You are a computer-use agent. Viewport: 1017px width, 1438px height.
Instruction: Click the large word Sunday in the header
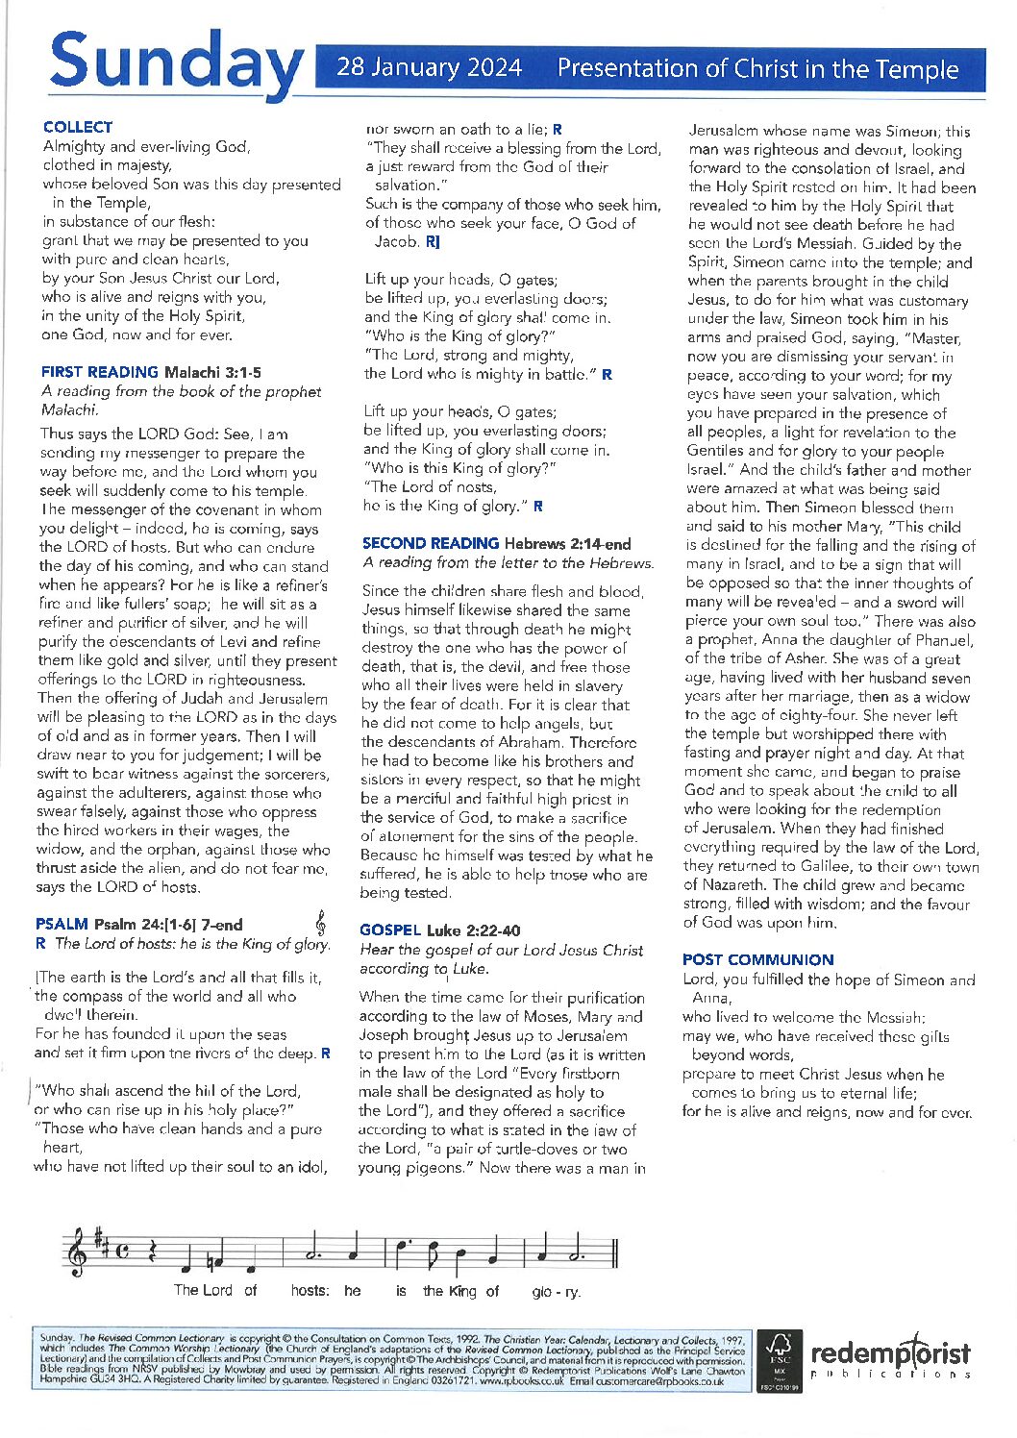pyautogui.click(x=175, y=62)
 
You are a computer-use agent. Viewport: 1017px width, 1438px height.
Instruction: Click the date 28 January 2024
pyautogui.click(x=429, y=68)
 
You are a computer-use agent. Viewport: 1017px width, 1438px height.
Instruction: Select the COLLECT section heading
pyautogui.click(x=78, y=127)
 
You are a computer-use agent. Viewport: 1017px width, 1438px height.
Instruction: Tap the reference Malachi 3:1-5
pyautogui.click(x=212, y=372)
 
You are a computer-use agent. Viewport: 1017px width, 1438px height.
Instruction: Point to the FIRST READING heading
pyautogui.click(x=100, y=372)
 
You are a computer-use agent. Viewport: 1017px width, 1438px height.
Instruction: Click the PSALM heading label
pyautogui.click(x=62, y=924)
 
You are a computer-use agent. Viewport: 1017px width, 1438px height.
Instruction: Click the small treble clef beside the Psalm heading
pyautogui.click(x=320, y=924)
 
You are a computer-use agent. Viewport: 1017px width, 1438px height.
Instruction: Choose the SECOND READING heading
pyautogui.click(x=431, y=543)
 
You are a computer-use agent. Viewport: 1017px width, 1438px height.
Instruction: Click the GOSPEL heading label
pyautogui.click(x=390, y=930)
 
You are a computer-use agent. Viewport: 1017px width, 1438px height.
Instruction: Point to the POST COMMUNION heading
pyautogui.click(x=757, y=959)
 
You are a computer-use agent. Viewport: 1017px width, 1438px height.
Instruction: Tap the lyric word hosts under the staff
pyautogui.click(x=310, y=1290)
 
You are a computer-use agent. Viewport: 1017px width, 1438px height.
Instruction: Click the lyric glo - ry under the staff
pyautogui.click(x=556, y=1291)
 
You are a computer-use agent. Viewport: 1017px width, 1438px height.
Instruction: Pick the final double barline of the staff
pyautogui.click(x=612, y=1253)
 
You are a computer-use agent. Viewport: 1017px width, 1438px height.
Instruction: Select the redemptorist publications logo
pyautogui.click(x=889, y=1358)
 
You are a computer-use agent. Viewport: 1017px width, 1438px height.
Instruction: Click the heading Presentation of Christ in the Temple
pyautogui.click(x=757, y=68)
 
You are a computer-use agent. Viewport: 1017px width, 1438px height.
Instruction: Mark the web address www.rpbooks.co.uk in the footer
pyautogui.click(x=521, y=1381)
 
